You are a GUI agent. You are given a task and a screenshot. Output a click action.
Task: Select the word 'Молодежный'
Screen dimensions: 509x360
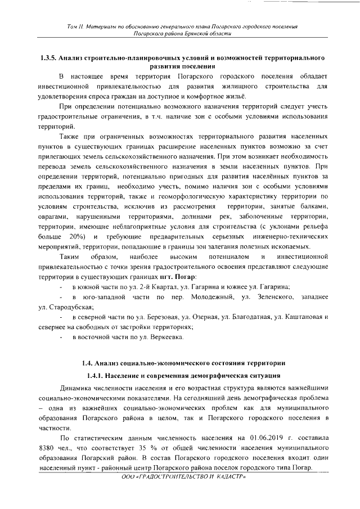tap(210, 298)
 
